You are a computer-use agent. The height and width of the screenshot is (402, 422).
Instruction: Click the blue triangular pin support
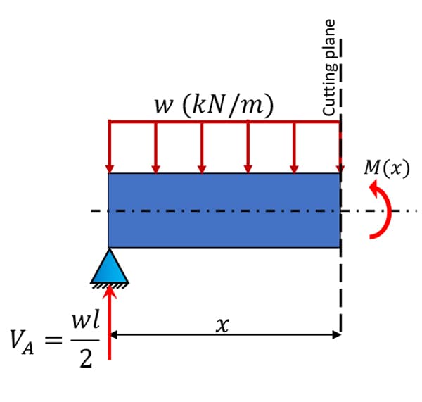click(110, 267)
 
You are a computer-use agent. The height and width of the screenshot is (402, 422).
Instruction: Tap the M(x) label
click(386, 168)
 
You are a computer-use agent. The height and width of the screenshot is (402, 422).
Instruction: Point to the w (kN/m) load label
click(214, 106)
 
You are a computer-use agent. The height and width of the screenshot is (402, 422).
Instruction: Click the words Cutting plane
click(329, 68)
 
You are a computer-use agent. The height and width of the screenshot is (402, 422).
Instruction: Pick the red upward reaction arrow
click(110, 322)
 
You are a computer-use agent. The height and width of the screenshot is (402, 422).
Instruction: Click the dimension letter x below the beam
click(222, 325)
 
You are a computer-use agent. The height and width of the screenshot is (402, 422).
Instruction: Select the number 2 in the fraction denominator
click(86, 359)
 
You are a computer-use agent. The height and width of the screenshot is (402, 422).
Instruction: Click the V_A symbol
click(22, 341)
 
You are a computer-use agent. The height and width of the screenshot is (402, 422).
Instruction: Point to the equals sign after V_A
click(53, 340)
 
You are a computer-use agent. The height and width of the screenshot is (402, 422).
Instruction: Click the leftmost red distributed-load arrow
click(110, 147)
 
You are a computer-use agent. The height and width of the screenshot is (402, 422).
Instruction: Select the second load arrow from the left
click(155, 147)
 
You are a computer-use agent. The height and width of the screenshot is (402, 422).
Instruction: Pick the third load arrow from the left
click(202, 147)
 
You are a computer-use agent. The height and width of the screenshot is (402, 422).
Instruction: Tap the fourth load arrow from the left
click(248, 147)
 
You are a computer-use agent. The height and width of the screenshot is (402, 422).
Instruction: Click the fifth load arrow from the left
click(294, 147)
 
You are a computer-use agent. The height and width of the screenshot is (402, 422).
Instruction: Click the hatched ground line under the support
click(110, 285)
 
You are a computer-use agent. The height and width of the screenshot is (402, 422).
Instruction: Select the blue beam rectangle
click(224, 211)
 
